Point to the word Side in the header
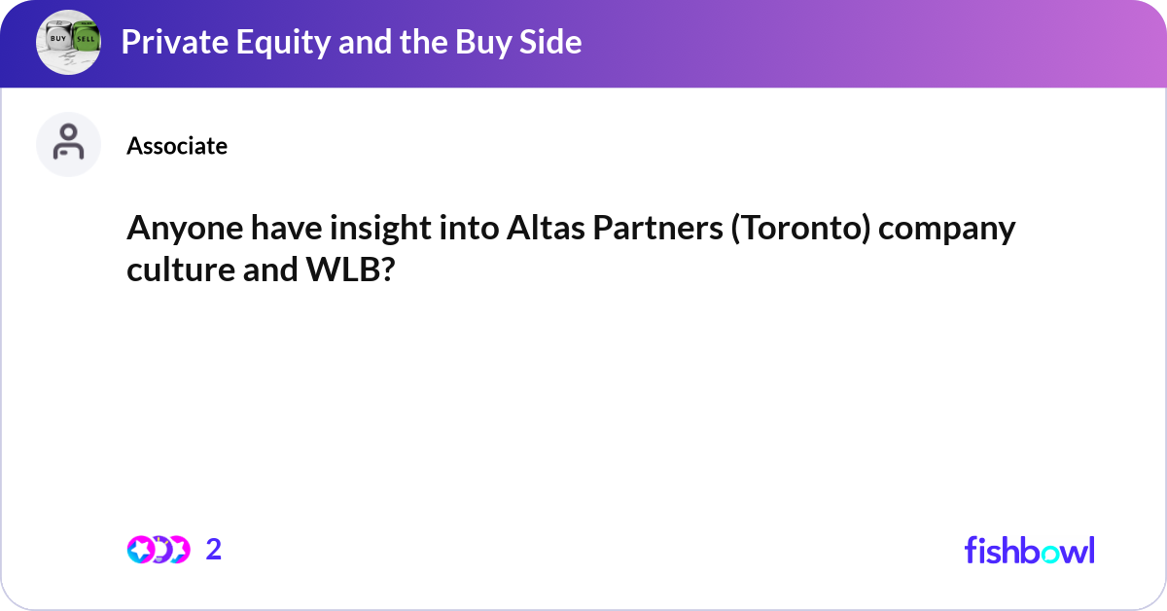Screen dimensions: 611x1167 [550, 42]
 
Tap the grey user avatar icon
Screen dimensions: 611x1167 [68, 144]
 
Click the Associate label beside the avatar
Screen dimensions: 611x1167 [177, 146]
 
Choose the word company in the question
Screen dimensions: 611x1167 [959, 230]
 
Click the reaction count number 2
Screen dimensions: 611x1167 [214, 550]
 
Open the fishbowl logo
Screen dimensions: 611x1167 [1029, 550]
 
